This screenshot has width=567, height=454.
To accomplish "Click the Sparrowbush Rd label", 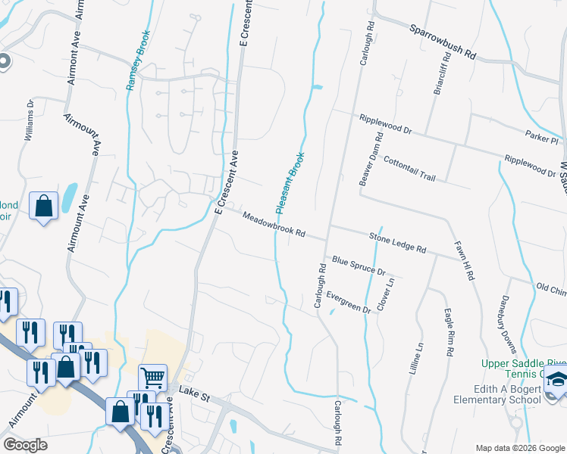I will tap(442, 43).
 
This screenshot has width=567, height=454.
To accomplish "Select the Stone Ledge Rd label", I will tap(397, 242).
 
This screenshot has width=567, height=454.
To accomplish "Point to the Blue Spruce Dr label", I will tap(359, 266).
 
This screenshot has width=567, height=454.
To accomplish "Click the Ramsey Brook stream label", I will tap(139, 61).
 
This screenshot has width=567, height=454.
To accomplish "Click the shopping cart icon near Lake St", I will tap(153, 377).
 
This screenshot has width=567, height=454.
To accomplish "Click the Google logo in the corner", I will tap(26, 445).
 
